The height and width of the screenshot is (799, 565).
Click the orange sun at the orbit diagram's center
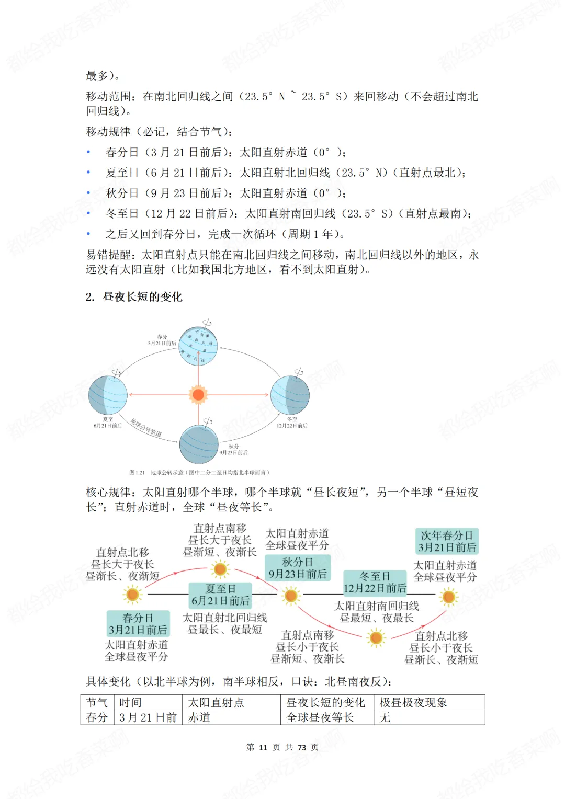[198, 394]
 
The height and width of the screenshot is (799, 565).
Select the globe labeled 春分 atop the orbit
[199, 346]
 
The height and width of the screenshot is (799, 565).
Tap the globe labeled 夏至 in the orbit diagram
[108, 395]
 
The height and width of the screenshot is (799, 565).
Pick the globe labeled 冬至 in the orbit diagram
[290, 395]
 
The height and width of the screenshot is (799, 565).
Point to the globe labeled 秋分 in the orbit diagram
[199, 444]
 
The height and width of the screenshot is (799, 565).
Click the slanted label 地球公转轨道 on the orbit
[146, 427]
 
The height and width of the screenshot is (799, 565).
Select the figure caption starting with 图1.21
[199, 472]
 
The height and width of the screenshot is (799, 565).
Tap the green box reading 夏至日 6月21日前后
[220, 595]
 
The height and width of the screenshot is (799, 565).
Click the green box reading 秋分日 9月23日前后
[298, 568]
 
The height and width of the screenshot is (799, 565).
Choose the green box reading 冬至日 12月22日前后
[375, 583]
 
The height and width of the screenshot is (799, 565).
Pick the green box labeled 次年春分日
[447, 541]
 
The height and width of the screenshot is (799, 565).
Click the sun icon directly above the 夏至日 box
[220, 569]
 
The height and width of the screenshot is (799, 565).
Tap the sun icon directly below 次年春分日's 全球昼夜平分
[448, 597]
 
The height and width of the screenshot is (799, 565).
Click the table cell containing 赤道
[231, 717]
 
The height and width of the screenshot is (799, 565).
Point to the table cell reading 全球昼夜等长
[326, 717]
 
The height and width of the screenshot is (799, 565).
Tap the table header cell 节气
[97, 702]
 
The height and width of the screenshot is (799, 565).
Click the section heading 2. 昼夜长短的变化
[134, 297]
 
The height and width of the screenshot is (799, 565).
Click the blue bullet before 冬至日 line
[88, 213]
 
